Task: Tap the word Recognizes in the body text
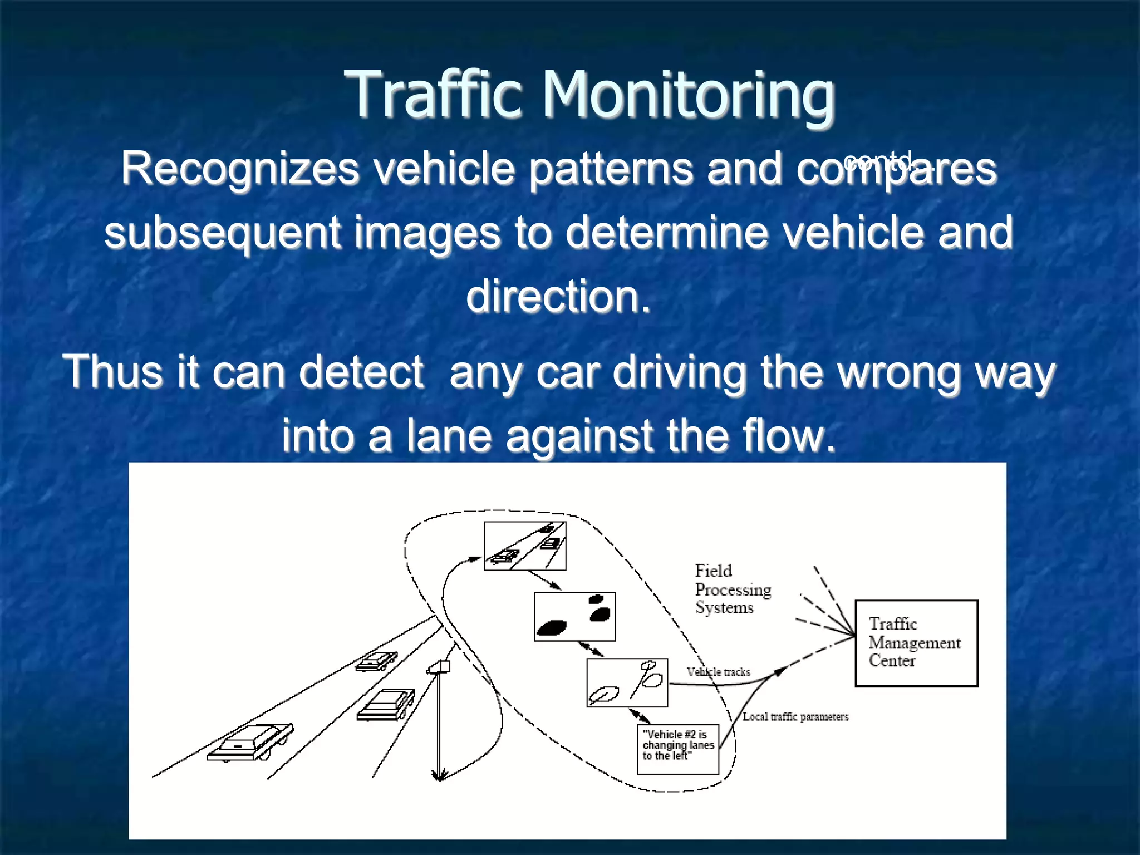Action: tap(240, 169)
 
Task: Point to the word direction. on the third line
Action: tap(558, 296)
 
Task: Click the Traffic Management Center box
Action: tap(916, 643)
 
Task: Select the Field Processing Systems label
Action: tap(733, 589)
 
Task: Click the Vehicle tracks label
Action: tap(718, 672)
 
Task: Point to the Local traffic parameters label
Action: tap(795, 717)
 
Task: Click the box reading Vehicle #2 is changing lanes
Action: tap(677, 749)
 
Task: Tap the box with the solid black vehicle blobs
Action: tap(574, 617)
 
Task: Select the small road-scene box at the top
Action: tap(525, 546)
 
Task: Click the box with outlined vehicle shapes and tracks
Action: tap(627, 682)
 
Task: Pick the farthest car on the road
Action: tap(376, 661)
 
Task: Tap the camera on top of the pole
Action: tap(440, 667)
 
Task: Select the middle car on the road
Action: tap(386, 705)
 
